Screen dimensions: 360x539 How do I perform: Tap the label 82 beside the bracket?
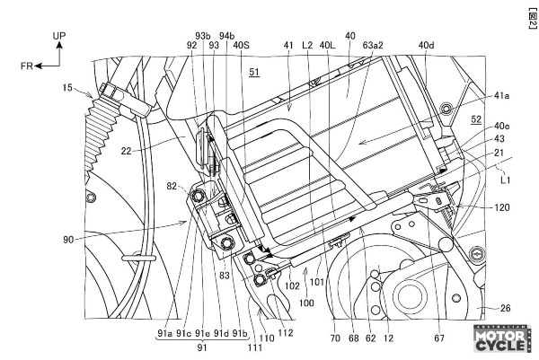(172, 186)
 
